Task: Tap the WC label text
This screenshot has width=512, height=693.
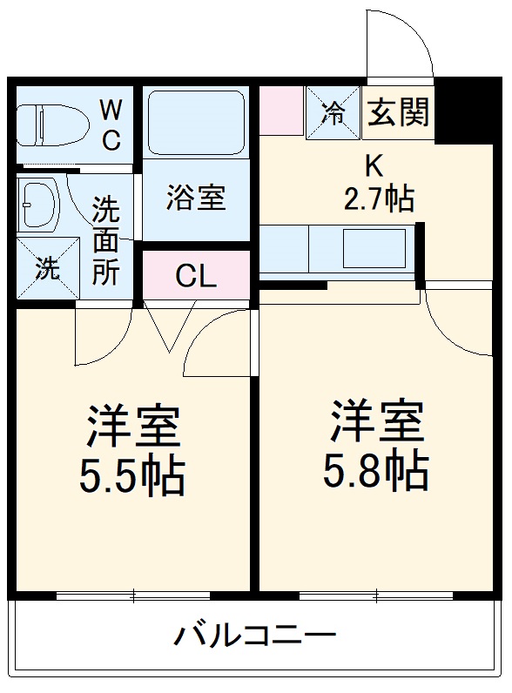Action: click(111, 124)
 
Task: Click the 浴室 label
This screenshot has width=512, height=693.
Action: click(196, 198)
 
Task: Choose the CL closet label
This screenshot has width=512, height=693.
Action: click(196, 276)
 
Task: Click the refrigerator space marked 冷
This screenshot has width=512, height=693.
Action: click(333, 112)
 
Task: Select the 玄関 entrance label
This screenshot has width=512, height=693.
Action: click(397, 112)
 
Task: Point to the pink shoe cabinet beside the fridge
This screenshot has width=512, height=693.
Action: click(280, 111)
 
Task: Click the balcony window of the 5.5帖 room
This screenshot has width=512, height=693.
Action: click(132, 596)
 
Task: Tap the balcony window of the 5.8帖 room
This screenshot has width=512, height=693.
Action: click(376, 596)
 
